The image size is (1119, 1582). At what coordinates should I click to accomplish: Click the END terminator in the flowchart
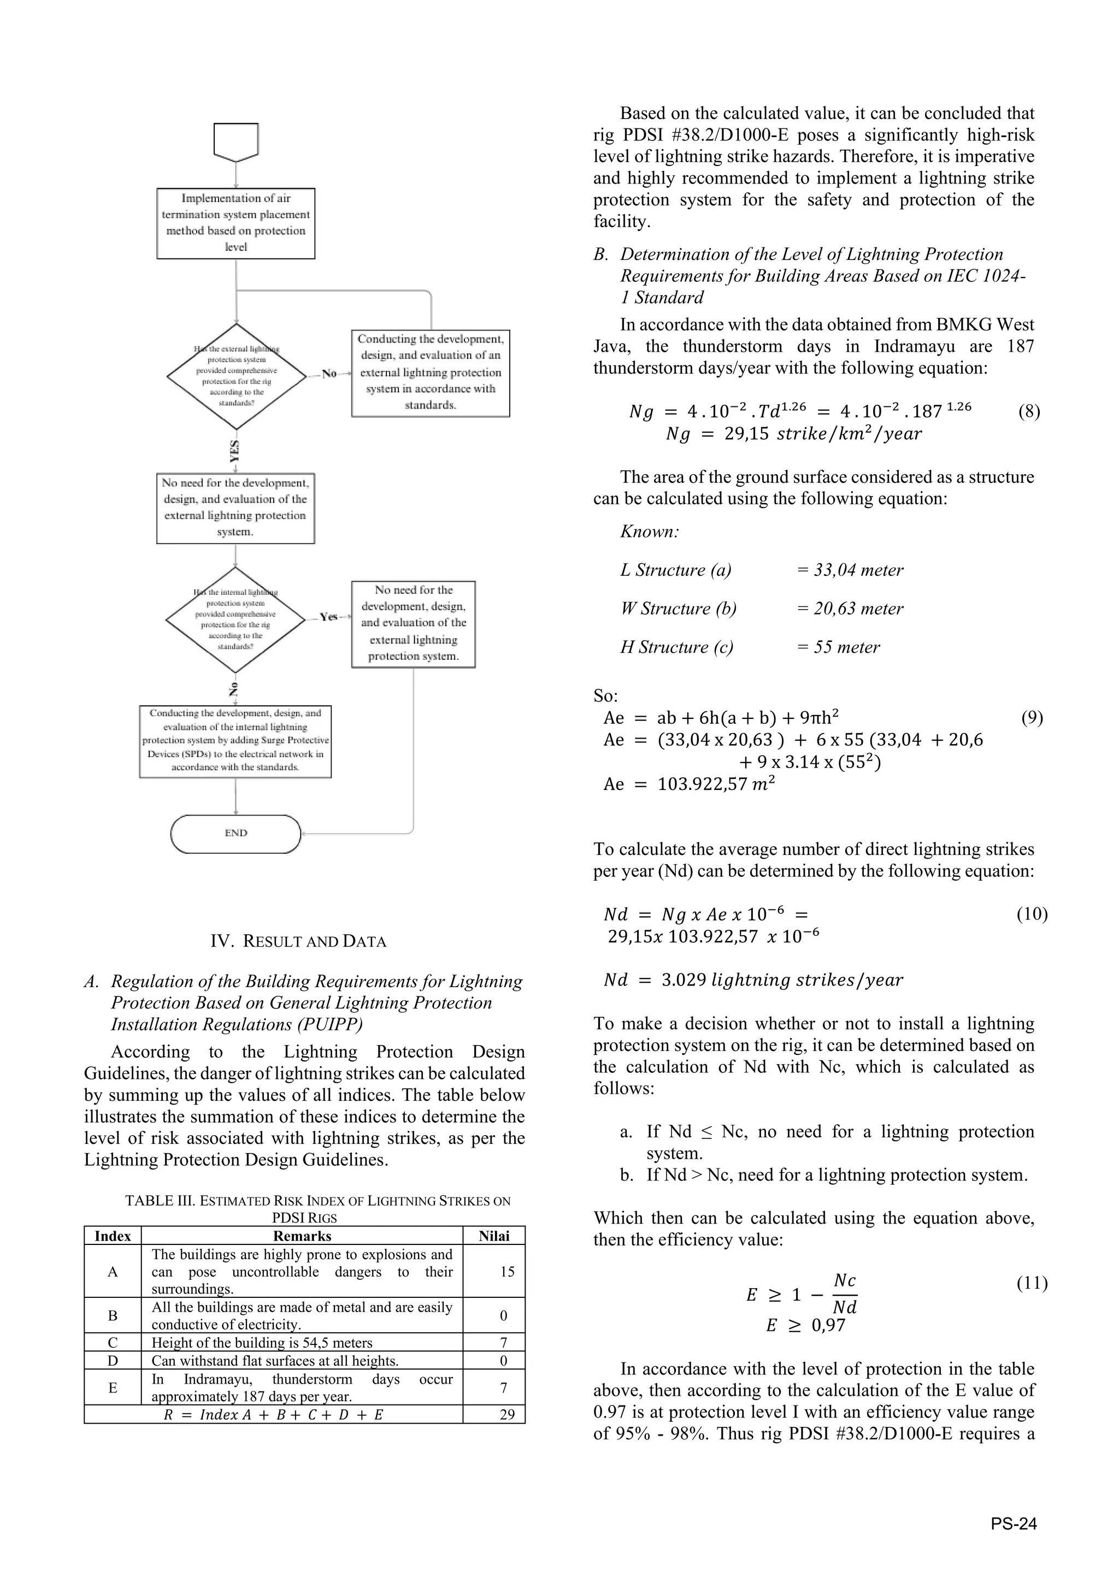(x=235, y=834)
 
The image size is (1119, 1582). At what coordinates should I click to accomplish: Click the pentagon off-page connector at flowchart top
(x=235, y=140)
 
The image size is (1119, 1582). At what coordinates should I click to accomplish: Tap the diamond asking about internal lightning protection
(x=235, y=619)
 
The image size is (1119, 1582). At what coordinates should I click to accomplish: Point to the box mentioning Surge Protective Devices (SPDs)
(x=235, y=741)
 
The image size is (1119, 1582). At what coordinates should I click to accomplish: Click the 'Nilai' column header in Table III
(x=494, y=1236)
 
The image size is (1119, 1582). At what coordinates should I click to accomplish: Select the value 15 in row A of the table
(x=507, y=1271)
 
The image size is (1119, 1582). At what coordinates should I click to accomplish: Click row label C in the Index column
(x=113, y=1342)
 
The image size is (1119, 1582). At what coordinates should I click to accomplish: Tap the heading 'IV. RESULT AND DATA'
(x=298, y=941)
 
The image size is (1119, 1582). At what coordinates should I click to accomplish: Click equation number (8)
(x=1029, y=412)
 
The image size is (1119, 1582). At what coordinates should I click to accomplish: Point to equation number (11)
(x=1032, y=1283)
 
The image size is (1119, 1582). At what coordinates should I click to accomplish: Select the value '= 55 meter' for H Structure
(x=839, y=647)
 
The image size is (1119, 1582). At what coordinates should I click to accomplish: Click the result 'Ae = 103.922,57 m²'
(x=689, y=784)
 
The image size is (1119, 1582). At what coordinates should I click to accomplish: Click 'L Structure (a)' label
(x=676, y=570)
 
